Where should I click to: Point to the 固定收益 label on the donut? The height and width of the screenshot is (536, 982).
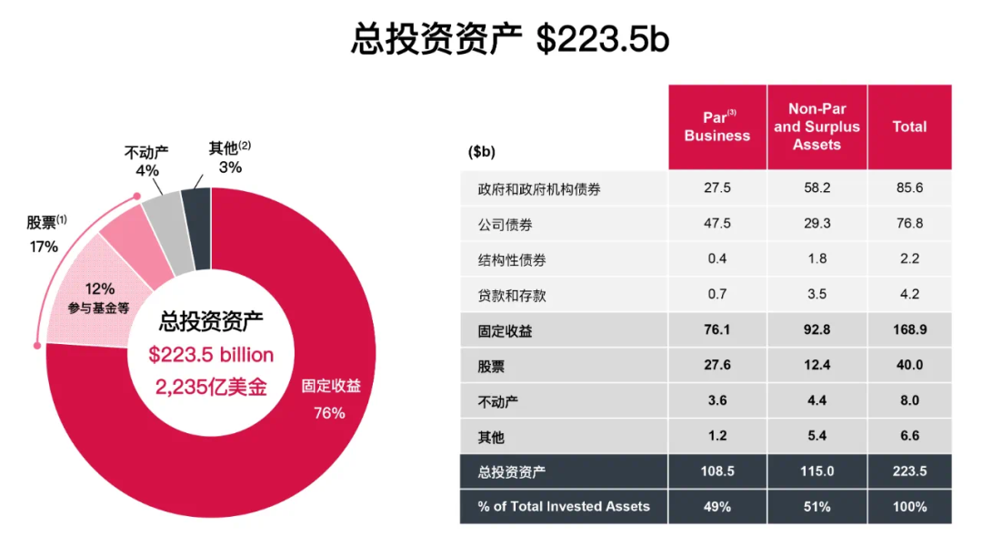click(x=331, y=386)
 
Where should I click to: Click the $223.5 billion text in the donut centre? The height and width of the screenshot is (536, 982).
click(x=211, y=355)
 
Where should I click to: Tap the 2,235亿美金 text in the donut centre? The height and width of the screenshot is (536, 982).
click(x=211, y=386)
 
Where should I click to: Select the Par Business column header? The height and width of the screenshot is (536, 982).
click(x=717, y=127)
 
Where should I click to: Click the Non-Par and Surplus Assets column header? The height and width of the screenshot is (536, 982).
click(x=817, y=127)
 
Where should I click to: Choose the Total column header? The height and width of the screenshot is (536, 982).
click(x=909, y=127)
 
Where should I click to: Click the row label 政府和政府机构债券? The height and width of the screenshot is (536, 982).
click(x=538, y=189)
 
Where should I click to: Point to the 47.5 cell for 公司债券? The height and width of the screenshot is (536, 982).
click(x=717, y=224)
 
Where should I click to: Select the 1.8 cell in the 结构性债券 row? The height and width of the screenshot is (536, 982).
click(x=817, y=259)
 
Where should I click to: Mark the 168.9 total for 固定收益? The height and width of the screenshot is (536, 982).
click(x=909, y=330)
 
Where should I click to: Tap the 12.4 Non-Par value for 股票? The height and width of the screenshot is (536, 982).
click(x=817, y=365)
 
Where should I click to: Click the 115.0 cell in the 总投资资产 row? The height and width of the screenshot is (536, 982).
click(x=817, y=471)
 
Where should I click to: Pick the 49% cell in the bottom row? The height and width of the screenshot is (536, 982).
click(x=717, y=507)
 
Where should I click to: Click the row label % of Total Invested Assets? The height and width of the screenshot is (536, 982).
click(x=564, y=507)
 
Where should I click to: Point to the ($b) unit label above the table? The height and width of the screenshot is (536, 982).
click(x=482, y=152)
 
